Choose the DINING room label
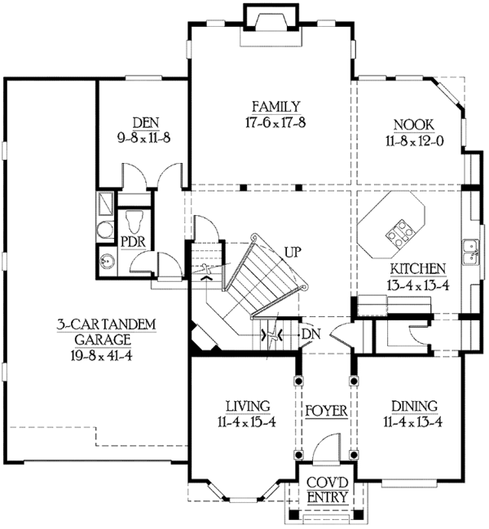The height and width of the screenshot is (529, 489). (414, 406)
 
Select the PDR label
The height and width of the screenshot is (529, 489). (134, 242)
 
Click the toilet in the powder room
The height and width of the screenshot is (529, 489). (135, 221)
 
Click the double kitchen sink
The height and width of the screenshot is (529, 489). (469, 252)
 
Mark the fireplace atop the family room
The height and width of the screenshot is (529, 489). (265, 20)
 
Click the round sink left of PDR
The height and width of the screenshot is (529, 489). (107, 261)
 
